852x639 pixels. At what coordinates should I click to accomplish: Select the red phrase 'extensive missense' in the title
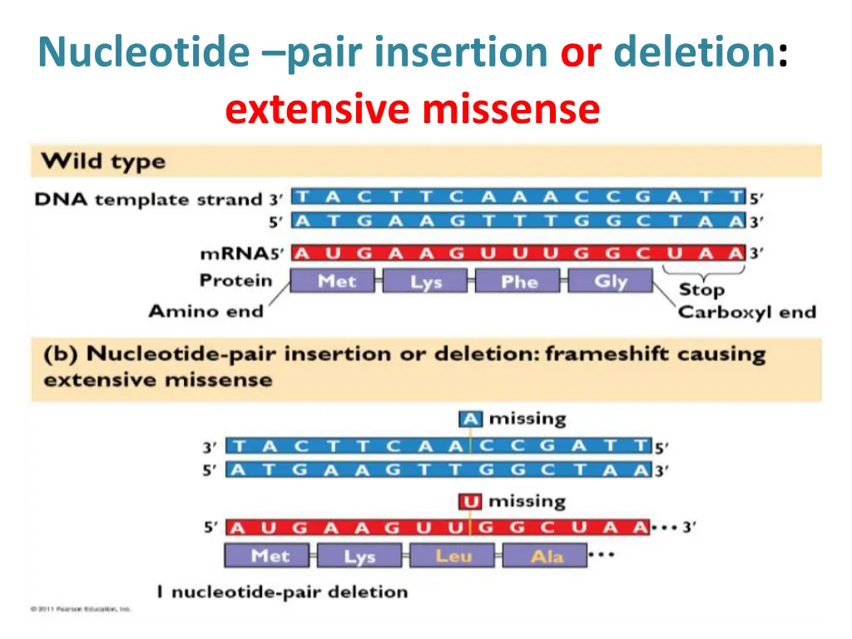(x=412, y=109)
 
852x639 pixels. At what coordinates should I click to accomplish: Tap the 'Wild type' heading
(x=104, y=161)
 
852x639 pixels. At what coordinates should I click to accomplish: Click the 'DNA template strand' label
(x=148, y=200)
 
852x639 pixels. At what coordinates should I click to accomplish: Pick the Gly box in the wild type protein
(x=610, y=281)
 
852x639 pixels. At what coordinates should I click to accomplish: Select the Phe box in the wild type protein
(x=520, y=281)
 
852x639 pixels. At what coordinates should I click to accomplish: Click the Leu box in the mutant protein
(x=453, y=556)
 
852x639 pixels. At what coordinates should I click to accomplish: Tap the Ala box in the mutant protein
(x=547, y=556)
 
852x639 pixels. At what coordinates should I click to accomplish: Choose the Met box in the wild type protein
(x=336, y=281)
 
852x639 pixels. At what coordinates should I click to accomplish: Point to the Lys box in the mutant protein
(x=359, y=556)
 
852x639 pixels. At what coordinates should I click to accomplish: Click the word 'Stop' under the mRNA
(x=701, y=290)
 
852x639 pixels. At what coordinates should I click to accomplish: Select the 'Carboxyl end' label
(x=746, y=313)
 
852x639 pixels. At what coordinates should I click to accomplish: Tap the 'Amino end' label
(x=206, y=311)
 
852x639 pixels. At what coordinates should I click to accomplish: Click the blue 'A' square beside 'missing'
(x=470, y=419)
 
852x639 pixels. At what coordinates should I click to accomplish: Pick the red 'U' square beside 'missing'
(x=470, y=502)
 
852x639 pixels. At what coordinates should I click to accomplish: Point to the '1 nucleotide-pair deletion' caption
(x=282, y=592)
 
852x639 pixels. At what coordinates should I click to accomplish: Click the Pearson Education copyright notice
(x=81, y=609)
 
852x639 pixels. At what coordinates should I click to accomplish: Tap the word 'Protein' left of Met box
(x=236, y=280)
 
